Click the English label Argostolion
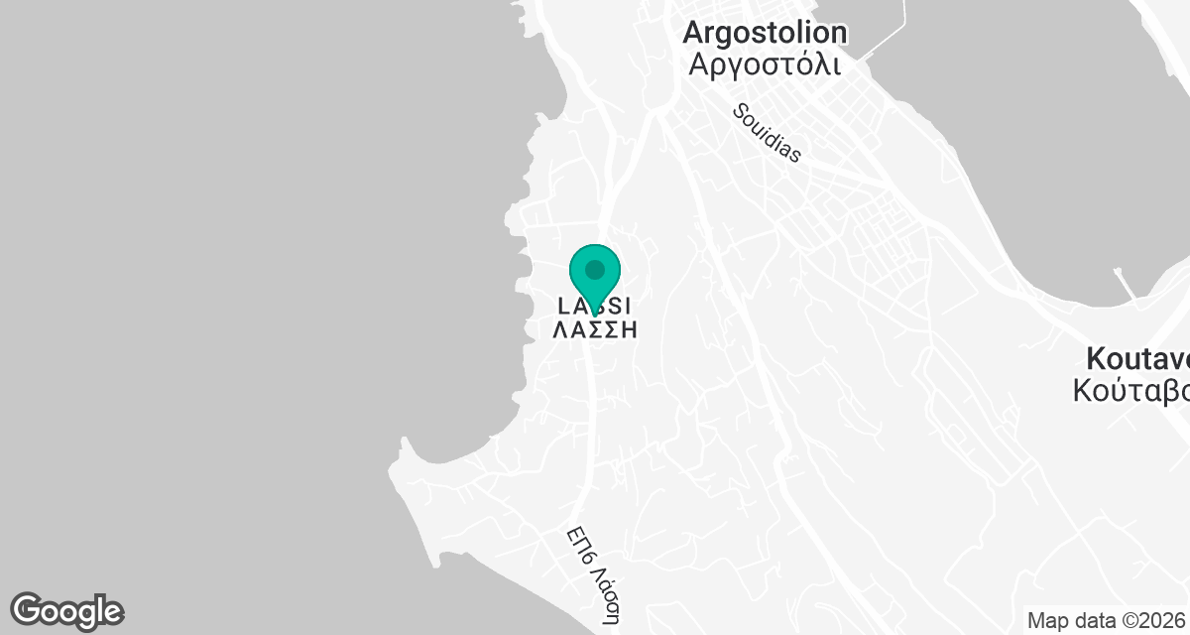(x=765, y=33)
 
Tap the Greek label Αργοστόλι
(x=765, y=65)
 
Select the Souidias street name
(x=767, y=133)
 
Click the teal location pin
(x=595, y=275)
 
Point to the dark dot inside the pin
(x=595, y=269)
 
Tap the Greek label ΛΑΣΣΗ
(x=594, y=330)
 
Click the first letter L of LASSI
(x=564, y=305)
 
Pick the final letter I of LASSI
(x=626, y=305)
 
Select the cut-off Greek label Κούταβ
(x=1131, y=390)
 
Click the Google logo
(x=66, y=610)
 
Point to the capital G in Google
(x=28, y=609)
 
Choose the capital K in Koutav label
(x=1097, y=357)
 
